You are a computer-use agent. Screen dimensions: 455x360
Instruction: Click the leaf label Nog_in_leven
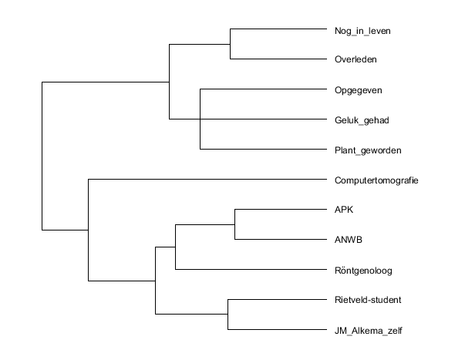point(362,31)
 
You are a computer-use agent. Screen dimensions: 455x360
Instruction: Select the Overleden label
point(356,59)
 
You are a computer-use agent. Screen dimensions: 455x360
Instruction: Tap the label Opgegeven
point(358,90)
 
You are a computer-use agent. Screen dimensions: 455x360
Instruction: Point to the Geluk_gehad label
point(362,120)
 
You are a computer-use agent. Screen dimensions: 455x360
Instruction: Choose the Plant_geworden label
point(368,150)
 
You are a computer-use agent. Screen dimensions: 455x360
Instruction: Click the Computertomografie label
point(376,180)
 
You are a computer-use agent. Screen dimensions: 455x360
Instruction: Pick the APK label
point(344,210)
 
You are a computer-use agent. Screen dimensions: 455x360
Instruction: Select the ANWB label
point(349,240)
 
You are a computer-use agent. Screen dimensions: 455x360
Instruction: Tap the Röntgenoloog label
point(363,271)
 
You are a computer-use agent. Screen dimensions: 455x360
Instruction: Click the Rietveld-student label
point(368,300)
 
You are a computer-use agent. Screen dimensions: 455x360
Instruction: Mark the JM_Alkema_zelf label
point(368,331)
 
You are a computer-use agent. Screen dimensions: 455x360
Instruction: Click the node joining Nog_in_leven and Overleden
point(230,44)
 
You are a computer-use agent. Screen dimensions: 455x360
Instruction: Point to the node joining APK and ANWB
point(234,224)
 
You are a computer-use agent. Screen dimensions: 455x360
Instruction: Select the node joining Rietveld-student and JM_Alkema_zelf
point(228,315)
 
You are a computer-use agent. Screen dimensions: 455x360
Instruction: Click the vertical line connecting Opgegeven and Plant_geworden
point(200,119)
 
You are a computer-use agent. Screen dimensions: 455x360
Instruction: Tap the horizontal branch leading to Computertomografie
point(207,180)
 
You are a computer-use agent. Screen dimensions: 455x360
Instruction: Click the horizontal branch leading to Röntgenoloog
point(251,270)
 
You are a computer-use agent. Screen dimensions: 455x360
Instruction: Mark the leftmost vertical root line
point(42,156)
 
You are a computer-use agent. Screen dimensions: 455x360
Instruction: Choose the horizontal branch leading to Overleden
point(278,59)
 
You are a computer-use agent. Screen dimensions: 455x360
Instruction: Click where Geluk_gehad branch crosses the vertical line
point(200,119)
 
